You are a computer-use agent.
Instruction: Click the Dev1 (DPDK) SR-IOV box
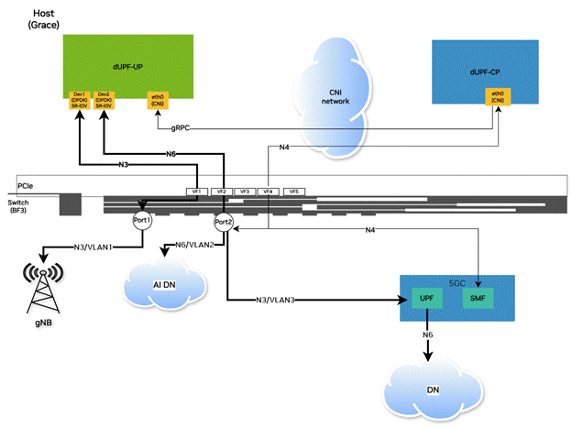click(x=80, y=99)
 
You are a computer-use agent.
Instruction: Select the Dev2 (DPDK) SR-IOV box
click(x=104, y=99)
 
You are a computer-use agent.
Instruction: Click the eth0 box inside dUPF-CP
click(x=499, y=97)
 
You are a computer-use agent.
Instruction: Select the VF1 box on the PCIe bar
click(x=196, y=192)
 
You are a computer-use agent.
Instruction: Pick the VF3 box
click(x=244, y=192)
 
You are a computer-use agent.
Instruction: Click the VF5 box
click(x=293, y=192)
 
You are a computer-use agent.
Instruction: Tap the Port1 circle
click(x=140, y=222)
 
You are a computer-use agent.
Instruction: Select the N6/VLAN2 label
click(x=194, y=245)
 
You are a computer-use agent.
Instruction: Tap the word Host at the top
click(x=43, y=14)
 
